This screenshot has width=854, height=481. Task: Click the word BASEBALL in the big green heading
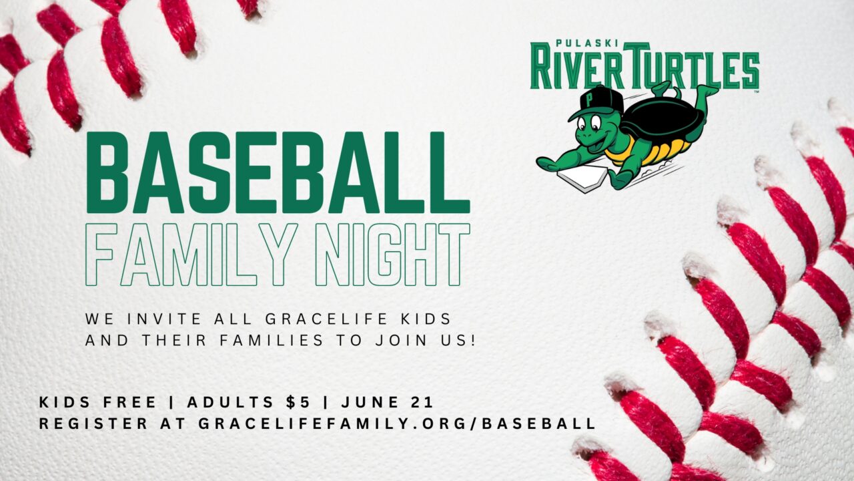[278, 172]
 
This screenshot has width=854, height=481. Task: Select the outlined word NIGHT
[393, 255]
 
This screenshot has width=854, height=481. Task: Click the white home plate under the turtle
[581, 179]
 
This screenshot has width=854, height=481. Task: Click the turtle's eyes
[589, 123]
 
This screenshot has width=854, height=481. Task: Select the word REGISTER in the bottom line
[93, 424]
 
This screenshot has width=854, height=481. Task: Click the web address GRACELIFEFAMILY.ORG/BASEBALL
[397, 424]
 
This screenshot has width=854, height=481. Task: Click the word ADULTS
[230, 402]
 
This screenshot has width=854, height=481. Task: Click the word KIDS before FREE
[65, 402]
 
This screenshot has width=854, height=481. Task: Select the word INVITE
[164, 319]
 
